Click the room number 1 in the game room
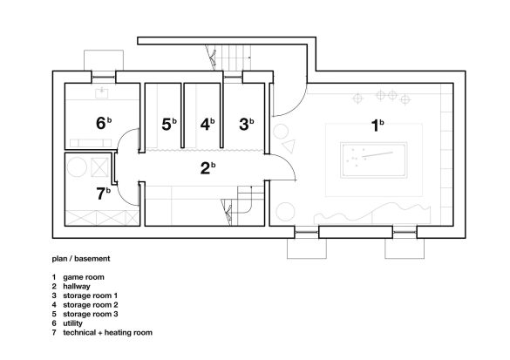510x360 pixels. tap(375, 126)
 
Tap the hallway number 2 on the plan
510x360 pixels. tap(205, 168)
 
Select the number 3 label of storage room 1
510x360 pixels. tap(243, 125)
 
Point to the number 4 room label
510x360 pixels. tap(205, 125)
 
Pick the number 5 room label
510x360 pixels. tap(167, 125)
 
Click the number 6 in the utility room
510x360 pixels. tap(101, 123)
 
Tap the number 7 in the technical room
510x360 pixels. tap(101, 194)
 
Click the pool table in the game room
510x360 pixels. tap(374, 160)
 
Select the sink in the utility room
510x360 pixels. tap(102, 92)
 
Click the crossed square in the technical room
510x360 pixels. tap(99, 167)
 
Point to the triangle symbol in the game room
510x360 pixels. tap(289, 146)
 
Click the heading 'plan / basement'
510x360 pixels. tap(81, 259)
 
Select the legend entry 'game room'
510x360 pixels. tap(84, 277)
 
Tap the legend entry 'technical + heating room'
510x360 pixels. tap(107, 333)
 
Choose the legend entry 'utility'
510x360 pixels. tap(73, 323)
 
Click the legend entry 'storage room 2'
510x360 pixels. tap(91, 305)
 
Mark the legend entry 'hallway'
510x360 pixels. tap(77, 287)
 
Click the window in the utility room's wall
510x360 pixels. tap(104, 77)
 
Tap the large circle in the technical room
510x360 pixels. tap(77, 167)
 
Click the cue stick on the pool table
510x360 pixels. tap(377, 154)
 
